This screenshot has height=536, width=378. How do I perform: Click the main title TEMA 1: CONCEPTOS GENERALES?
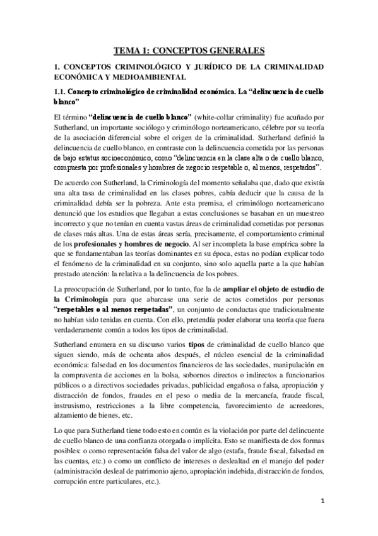[189, 49]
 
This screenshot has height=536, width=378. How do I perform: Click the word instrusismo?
[74, 402]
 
